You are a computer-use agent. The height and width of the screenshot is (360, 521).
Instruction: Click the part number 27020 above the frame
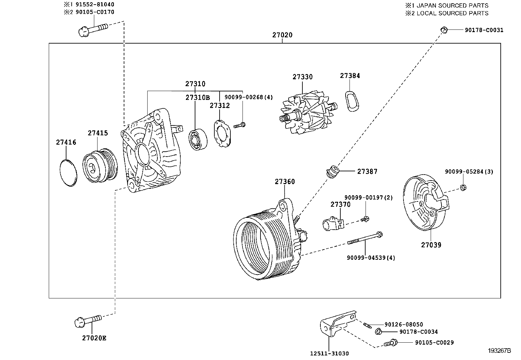[282, 35]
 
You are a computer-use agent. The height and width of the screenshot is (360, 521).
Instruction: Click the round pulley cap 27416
[68, 173]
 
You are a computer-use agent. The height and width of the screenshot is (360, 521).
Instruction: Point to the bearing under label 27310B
[198, 140]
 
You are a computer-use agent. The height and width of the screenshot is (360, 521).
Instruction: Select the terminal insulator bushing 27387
[332, 172]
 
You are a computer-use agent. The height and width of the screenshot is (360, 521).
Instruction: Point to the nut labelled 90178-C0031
[443, 30]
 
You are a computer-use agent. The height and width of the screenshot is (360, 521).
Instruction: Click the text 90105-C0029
[434, 343]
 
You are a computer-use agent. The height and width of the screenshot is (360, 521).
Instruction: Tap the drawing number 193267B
[499, 351]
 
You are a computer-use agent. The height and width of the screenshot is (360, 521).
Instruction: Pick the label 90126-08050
[404, 324]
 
